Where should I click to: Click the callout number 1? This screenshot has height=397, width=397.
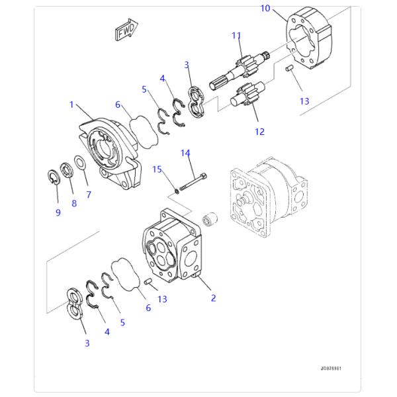point(71,105)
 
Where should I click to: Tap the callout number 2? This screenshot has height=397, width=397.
point(213,298)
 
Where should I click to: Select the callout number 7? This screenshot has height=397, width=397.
point(88,195)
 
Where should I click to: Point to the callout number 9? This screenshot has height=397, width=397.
point(58,212)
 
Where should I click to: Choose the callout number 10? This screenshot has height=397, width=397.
point(265,9)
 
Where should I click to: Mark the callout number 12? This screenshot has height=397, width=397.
point(259,132)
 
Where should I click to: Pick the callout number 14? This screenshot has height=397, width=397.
point(186,153)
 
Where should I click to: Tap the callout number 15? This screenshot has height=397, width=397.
point(157,169)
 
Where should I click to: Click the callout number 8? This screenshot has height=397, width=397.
point(73,203)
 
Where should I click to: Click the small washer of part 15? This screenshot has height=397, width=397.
point(177,191)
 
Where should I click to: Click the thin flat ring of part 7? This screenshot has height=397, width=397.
point(79,163)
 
